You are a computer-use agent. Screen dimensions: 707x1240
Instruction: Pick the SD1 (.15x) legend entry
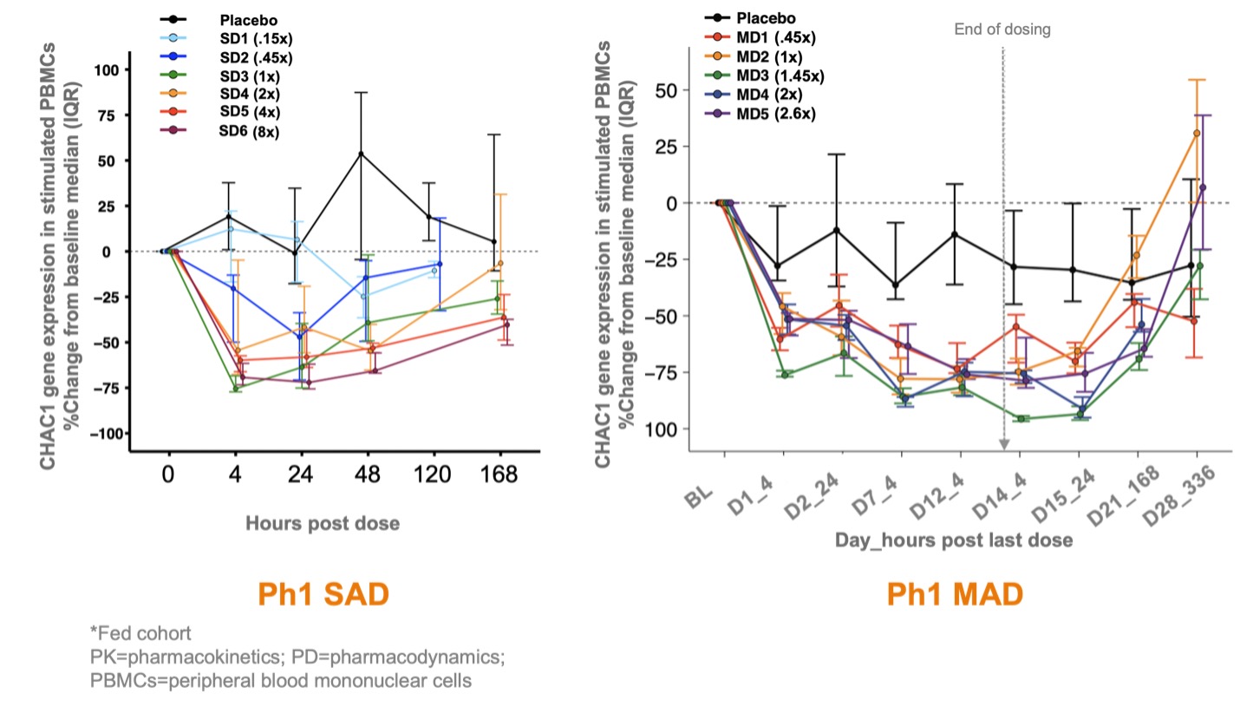click(255, 39)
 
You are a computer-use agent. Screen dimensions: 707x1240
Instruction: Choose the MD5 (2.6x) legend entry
click(776, 114)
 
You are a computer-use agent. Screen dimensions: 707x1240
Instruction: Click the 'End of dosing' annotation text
click(1002, 29)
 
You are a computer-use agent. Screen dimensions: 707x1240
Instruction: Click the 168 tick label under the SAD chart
click(499, 475)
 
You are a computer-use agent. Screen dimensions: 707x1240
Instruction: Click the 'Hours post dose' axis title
click(322, 523)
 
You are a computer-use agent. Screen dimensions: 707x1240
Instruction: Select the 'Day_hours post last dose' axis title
click(954, 540)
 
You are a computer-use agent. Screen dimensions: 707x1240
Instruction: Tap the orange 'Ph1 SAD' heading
click(323, 594)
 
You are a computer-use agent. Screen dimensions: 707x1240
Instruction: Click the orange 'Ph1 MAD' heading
click(954, 594)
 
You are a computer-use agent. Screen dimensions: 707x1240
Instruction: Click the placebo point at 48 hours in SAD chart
click(361, 154)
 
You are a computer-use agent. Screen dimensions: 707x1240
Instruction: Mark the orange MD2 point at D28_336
click(1197, 133)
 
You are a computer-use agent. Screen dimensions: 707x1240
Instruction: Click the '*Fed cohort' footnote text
click(140, 632)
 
